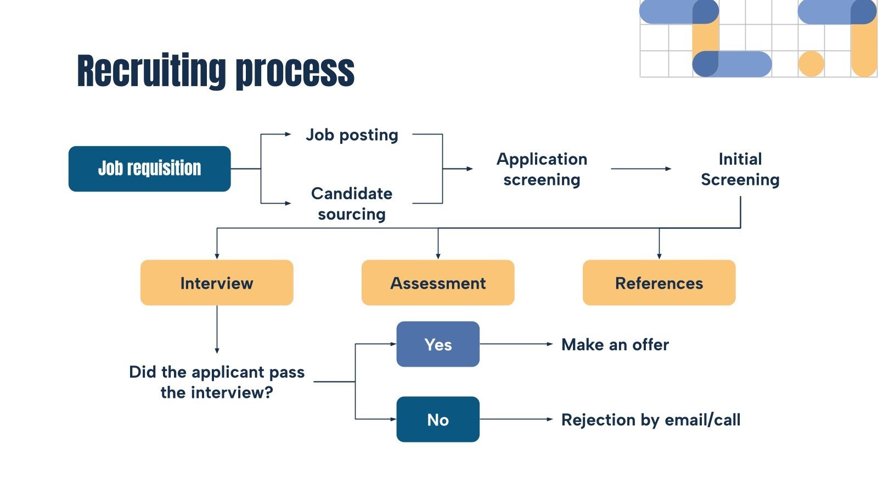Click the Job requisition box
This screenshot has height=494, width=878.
149,169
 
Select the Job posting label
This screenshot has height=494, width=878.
352,134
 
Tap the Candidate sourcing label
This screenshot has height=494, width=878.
352,204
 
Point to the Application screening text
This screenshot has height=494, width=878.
542,169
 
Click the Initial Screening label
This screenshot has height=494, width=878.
740,169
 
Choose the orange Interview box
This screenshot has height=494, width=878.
217,283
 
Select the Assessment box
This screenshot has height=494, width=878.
438,283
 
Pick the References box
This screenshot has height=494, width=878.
658,283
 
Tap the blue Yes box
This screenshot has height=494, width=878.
438,344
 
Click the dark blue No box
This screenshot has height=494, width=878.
438,419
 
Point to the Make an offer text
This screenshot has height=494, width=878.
615,345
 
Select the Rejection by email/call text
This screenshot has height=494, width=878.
650,420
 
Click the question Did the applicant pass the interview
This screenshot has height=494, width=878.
217,382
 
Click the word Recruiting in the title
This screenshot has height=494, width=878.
151,71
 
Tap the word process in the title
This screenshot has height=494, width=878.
295,71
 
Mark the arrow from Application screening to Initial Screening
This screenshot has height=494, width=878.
640,169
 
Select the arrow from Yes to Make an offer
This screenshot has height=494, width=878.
516,344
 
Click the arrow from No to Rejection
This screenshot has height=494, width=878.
516,419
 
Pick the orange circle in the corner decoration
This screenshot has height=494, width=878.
811,64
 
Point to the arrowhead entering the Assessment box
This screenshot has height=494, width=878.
438,255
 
